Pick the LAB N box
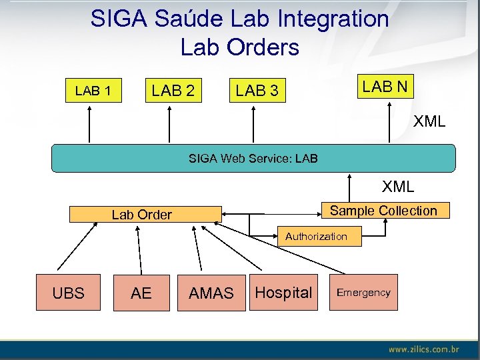tap(385, 86)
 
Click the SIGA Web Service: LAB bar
tap(253, 159)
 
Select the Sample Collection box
tap(383, 211)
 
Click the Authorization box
tap(316, 236)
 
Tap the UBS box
tap(68, 293)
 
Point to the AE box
tap(141, 293)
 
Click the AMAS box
tap(211, 293)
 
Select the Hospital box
tap(283, 293)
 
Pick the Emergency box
tap(363, 293)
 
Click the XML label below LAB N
tap(429, 122)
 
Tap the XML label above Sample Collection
tap(398, 187)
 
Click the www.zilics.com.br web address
tap(424, 349)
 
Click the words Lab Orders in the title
tap(239, 47)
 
